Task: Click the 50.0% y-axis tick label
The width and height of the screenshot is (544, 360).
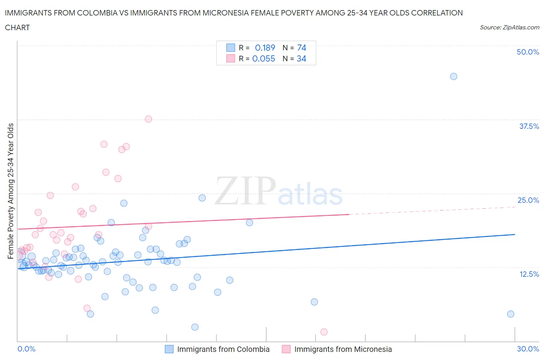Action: [x=528, y=52]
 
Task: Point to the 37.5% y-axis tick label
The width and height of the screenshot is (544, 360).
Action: [x=529, y=126]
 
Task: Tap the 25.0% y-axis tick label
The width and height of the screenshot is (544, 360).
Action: [x=528, y=200]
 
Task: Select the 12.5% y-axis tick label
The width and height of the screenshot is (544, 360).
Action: [x=529, y=274]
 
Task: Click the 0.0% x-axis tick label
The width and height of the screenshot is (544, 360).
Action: [x=27, y=349]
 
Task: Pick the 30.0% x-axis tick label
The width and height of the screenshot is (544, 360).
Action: [x=528, y=349]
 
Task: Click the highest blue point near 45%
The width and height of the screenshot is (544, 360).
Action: [x=453, y=76]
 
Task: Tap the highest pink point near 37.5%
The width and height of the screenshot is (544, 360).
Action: [x=148, y=119]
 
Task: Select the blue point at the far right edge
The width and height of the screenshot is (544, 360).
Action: [x=510, y=314]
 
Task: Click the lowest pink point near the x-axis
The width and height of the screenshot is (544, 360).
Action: [x=324, y=332]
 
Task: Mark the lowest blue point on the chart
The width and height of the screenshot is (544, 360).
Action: [x=195, y=327]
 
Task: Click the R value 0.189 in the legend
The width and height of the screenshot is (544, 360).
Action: [x=265, y=48]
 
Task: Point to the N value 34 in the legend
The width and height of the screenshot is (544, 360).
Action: [x=301, y=59]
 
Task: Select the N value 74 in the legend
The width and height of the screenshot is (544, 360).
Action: [x=301, y=48]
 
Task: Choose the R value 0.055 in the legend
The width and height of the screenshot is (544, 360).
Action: [x=263, y=59]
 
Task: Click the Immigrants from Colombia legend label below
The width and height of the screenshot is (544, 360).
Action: [x=223, y=349]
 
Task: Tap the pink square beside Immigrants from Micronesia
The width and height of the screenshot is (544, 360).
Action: [x=286, y=349]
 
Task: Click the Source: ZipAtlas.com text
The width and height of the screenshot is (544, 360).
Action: [x=509, y=27]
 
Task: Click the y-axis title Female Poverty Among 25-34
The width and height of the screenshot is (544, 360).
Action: [x=10, y=191]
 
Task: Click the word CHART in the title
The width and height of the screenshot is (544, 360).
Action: [x=17, y=27]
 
